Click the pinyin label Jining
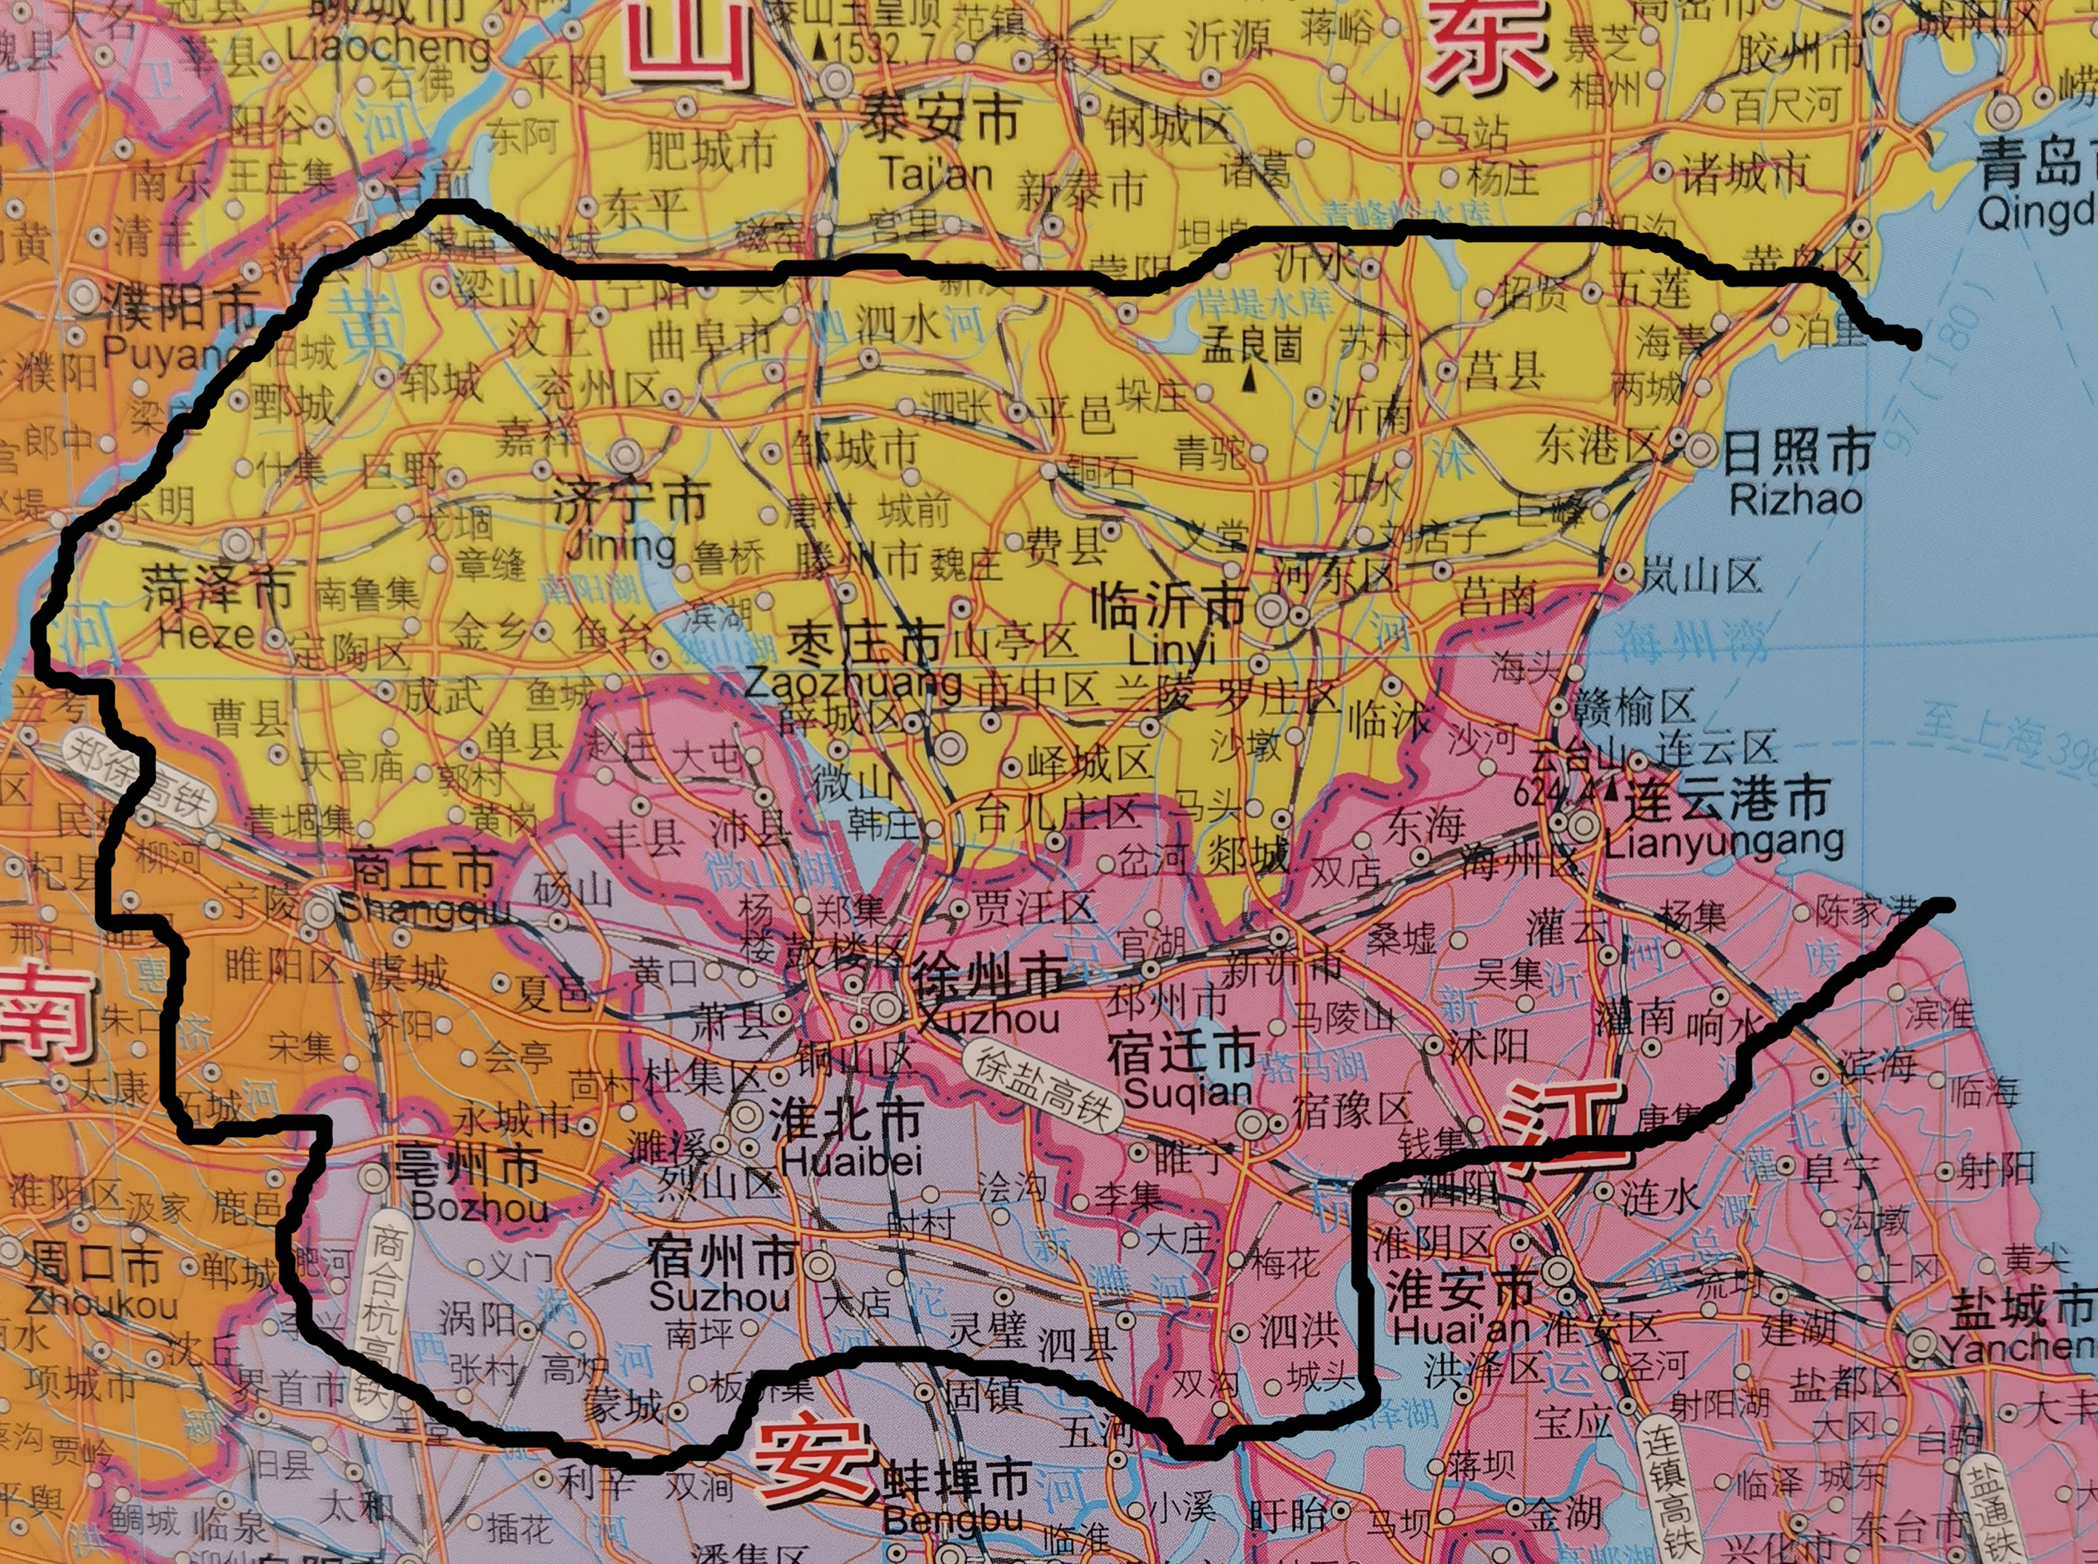point(620,546)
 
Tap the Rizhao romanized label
point(1795,499)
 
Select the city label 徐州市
point(988,975)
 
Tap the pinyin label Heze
point(206,632)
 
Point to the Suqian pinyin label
point(1189,1093)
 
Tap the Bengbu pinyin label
point(953,1519)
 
